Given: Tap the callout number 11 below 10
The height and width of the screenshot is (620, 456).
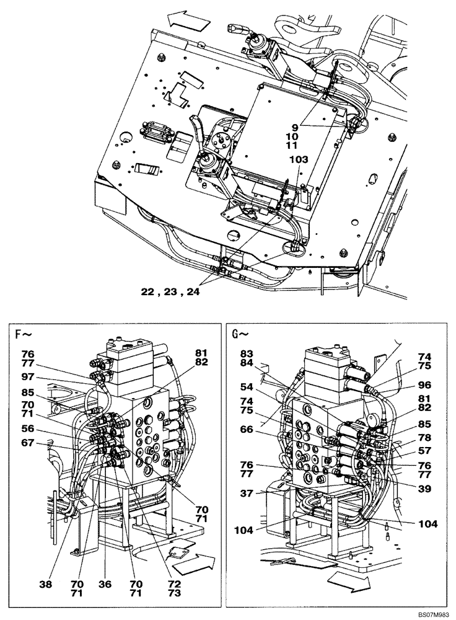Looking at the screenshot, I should click(292, 146).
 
